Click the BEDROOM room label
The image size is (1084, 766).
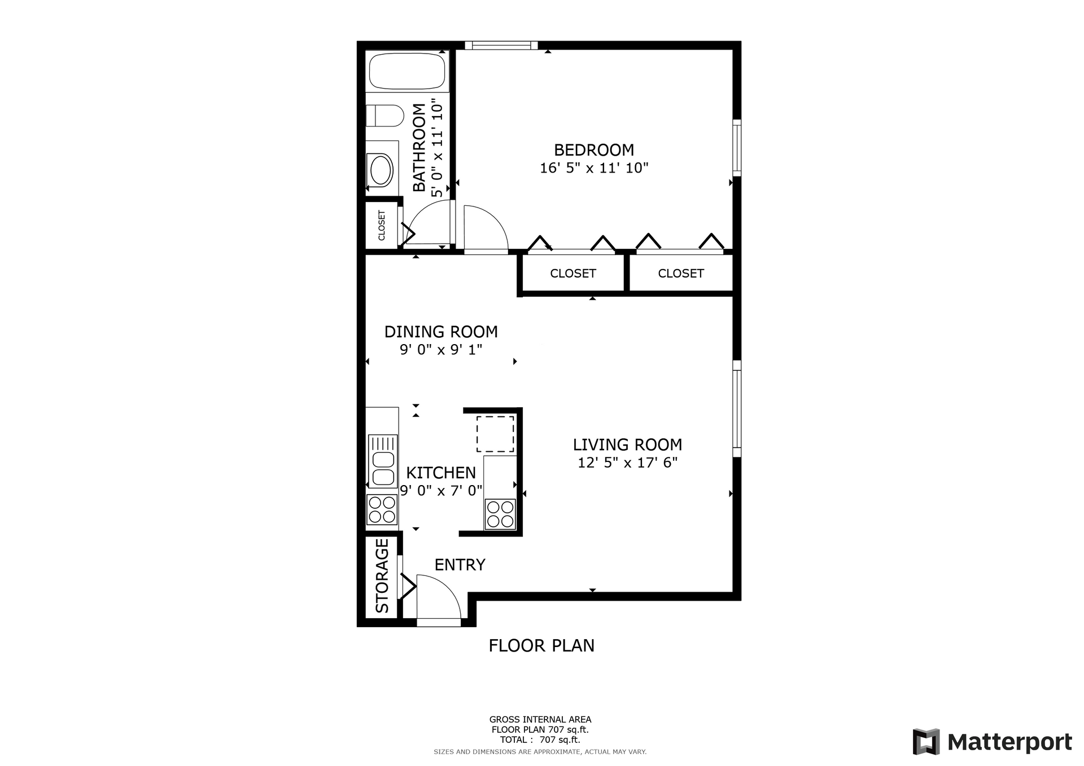(x=594, y=150)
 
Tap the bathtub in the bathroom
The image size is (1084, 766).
(x=408, y=71)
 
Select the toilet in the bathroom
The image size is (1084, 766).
(x=384, y=116)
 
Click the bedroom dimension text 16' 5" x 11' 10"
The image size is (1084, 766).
(x=594, y=168)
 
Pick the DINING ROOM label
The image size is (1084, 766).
(x=441, y=332)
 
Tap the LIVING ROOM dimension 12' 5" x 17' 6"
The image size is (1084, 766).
(x=627, y=463)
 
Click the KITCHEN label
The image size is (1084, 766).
(x=441, y=473)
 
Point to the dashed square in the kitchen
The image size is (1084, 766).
(x=495, y=434)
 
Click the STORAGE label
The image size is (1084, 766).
(x=382, y=576)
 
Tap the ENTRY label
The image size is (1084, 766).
(x=460, y=565)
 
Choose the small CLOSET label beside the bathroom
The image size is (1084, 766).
(x=382, y=226)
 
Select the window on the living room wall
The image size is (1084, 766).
(x=737, y=408)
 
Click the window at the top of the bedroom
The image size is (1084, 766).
(x=501, y=45)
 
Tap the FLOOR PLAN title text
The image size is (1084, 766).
(x=541, y=645)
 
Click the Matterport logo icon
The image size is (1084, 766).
(x=926, y=742)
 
